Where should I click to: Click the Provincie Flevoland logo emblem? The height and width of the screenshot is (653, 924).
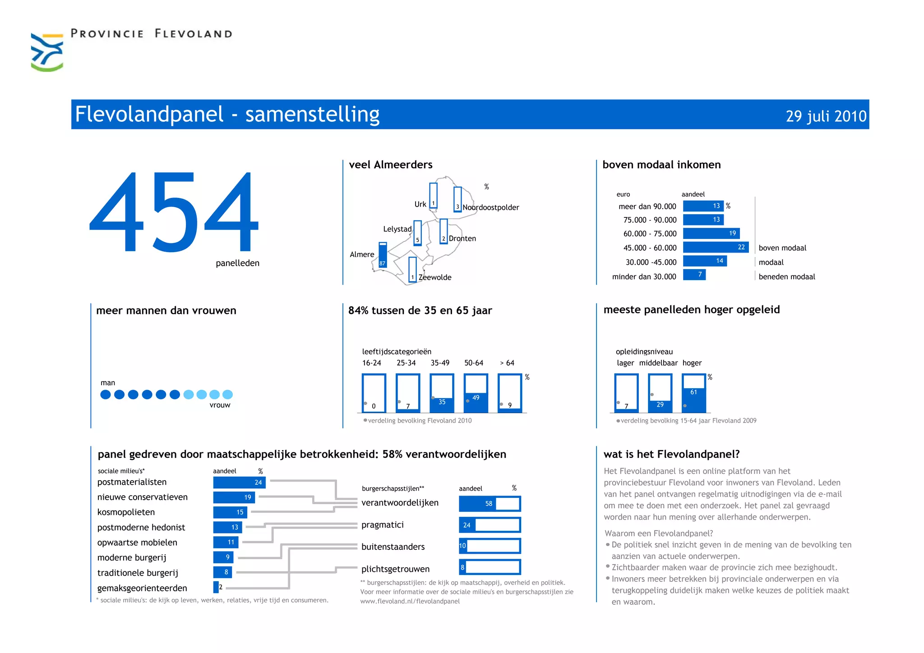tap(47, 52)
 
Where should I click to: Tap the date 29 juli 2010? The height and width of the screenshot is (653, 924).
tap(826, 116)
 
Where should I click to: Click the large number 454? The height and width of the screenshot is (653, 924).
tap(174, 212)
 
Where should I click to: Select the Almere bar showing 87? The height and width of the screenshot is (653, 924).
tap(383, 255)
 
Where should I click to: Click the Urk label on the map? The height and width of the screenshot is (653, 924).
tap(420, 204)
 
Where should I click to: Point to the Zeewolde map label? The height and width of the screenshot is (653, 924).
tap(435, 277)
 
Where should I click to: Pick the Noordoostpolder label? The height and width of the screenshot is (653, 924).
tap(491, 207)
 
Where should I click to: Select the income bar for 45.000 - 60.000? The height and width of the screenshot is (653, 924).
tap(716, 247)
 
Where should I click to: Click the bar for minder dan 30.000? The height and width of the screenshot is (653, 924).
tap(694, 275)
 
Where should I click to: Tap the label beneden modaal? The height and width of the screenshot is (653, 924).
tap(787, 277)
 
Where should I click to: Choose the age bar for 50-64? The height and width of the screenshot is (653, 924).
tap(476, 393)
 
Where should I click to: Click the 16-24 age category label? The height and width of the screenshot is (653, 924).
tap(371, 363)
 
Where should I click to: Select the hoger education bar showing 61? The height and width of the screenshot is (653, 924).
tap(694, 393)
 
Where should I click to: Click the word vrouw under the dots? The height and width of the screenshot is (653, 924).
tap(220, 405)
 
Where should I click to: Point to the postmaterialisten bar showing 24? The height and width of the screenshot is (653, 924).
tap(239, 483)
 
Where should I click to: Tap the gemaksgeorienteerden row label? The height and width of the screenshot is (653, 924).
tap(142, 588)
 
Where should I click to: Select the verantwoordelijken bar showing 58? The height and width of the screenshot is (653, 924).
tap(490, 504)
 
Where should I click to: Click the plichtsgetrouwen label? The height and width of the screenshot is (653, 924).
tap(395, 569)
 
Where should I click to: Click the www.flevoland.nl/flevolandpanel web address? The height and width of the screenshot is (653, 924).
tap(410, 601)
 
